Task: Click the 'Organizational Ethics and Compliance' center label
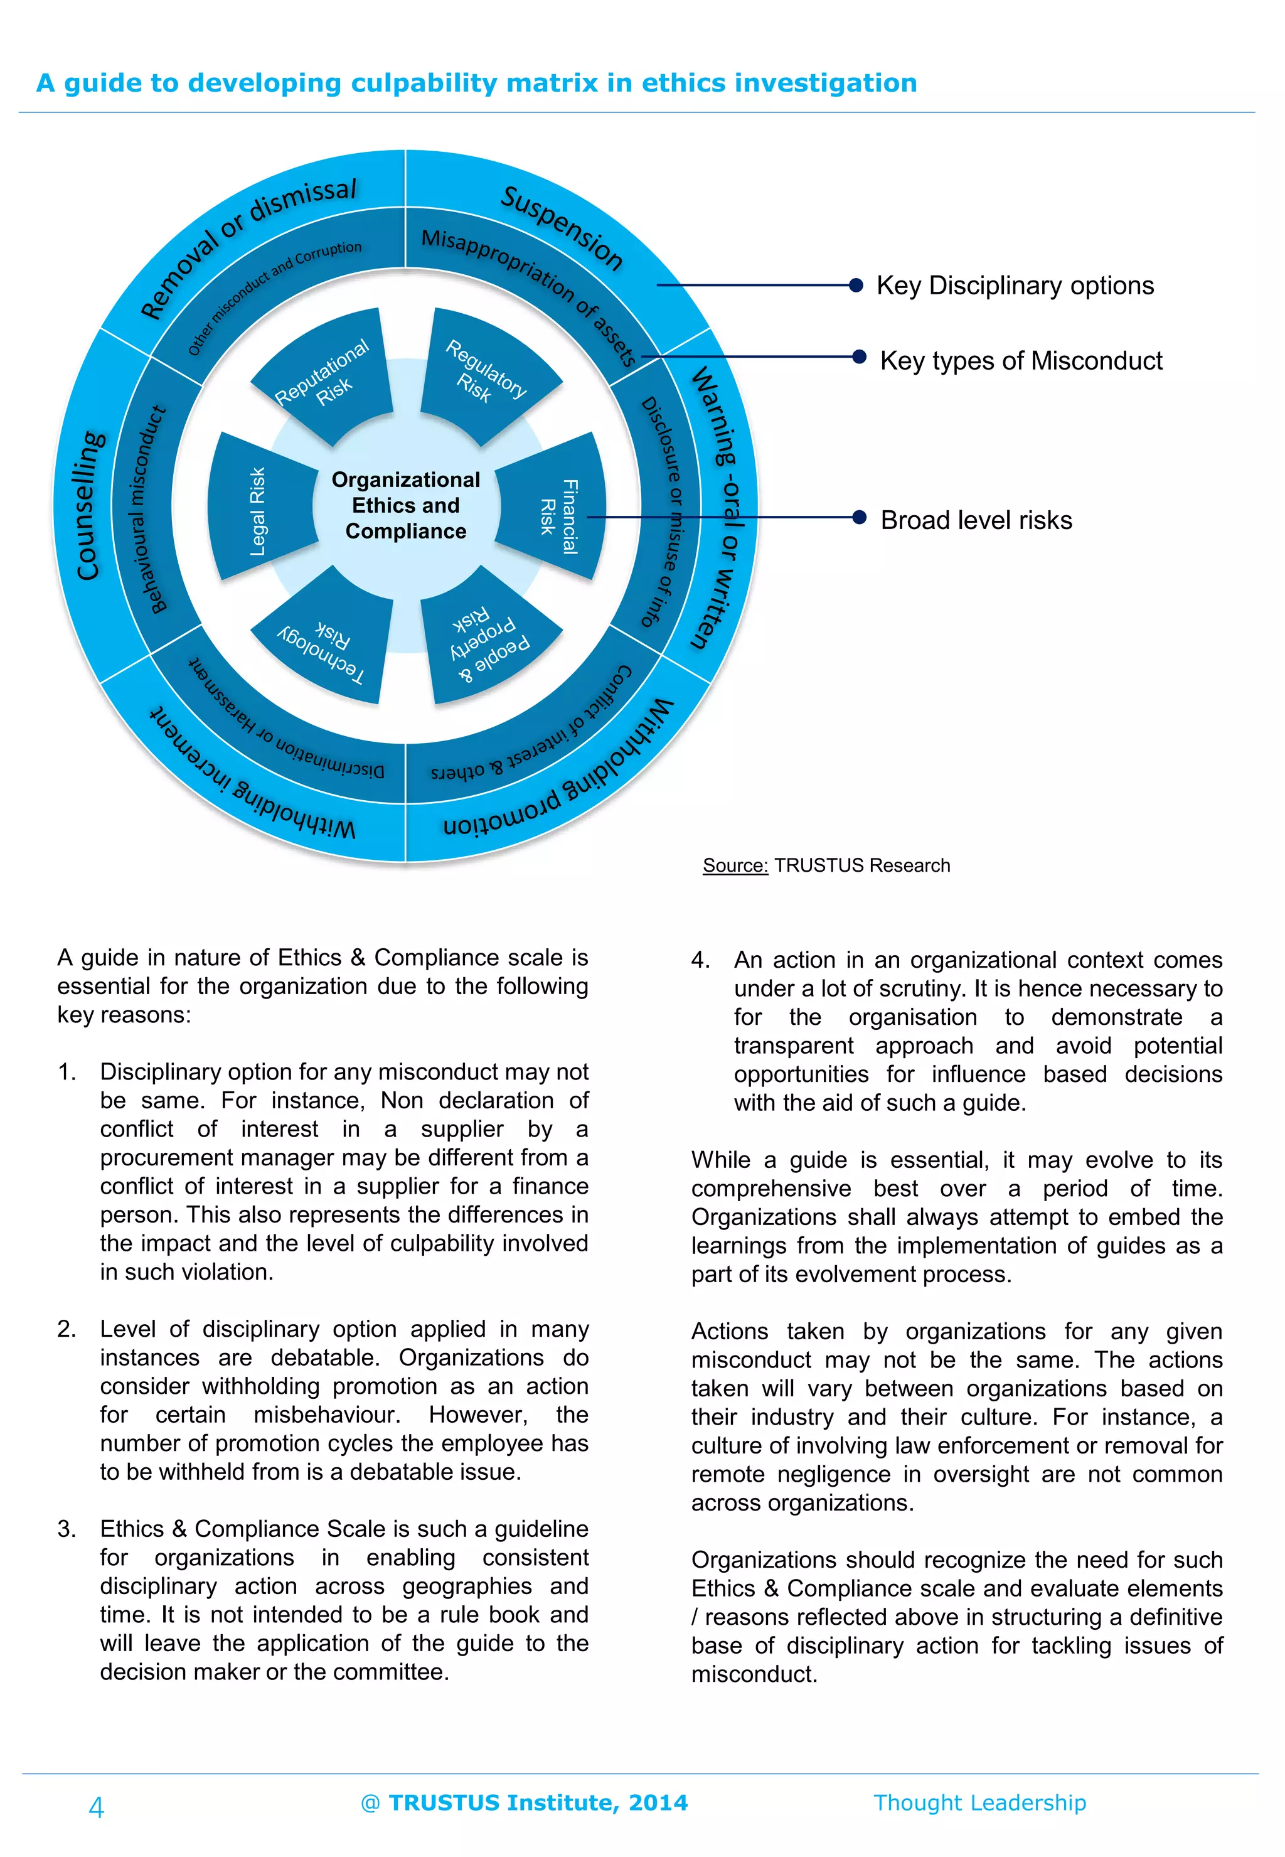pos(406,506)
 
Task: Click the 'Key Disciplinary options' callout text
pos(1015,286)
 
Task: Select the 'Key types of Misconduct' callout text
pos(1021,361)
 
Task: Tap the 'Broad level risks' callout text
pos(976,520)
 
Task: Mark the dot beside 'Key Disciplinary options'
pos(856,285)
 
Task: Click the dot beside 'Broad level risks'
pos(859,517)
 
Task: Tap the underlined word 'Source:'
pos(735,865)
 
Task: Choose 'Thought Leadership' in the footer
pos(980,1802)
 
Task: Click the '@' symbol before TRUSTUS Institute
pos(370,1802)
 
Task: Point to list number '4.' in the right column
pos(700,960)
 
